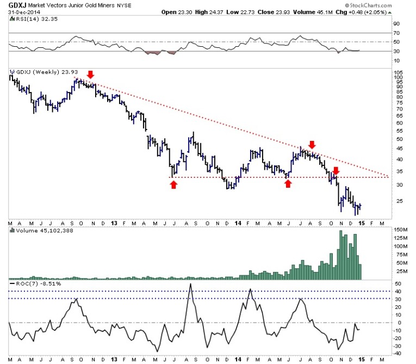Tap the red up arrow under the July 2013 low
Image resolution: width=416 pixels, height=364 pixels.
(x=173, y=185)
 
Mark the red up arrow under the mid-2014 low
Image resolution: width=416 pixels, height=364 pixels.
(x=288, y=184)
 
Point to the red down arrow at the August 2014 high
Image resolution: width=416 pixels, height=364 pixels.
(x=312, y=145)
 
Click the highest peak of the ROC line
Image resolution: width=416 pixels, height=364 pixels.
(x=190, y=284)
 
